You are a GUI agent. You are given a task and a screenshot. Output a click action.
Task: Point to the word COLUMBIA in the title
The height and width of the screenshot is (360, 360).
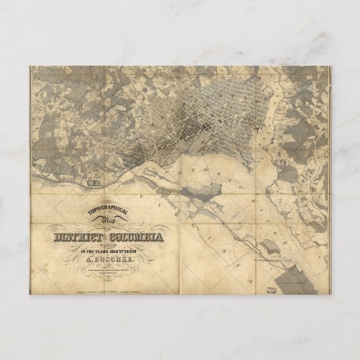[136, 238]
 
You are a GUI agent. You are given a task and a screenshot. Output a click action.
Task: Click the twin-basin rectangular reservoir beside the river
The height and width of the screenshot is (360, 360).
[94, 182]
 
